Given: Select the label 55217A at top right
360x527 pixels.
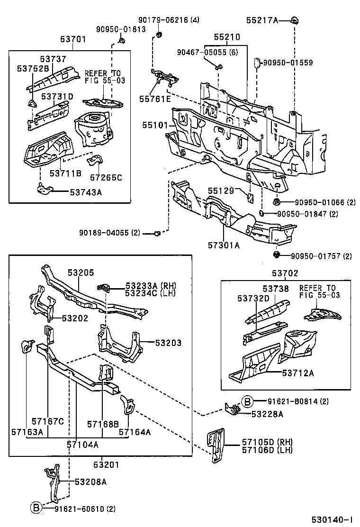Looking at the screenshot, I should click(x=262, y=20).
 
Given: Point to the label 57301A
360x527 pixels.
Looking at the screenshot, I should click(x=224, y=245).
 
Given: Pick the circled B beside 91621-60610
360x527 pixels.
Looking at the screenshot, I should click(x=36, y=509).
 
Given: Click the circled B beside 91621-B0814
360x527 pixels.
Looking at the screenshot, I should click(x=247, y=401).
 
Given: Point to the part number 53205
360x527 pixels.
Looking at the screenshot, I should click(x=81, y=273).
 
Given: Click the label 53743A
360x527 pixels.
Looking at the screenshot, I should click(x=86, y=192).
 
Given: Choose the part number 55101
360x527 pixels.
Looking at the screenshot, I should click(x=155, y=125).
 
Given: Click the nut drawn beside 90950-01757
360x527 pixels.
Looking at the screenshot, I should click(x=276, y=255).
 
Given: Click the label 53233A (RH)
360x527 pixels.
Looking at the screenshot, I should click(x=144, y=286).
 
